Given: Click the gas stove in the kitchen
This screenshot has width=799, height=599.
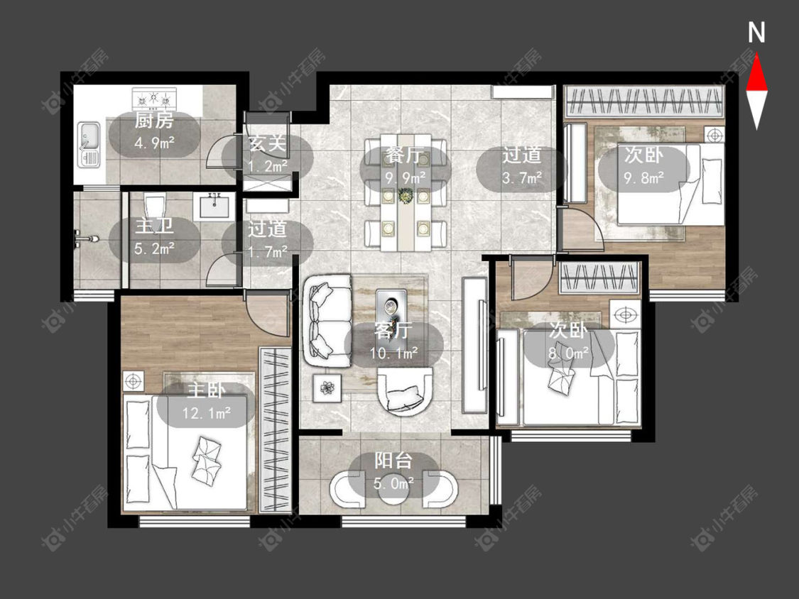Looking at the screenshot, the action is click(x=154, y=99).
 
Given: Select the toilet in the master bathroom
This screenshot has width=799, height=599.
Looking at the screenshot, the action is click(x=153, y=208).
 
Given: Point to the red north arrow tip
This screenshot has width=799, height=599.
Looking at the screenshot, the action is click(x=756, y=55).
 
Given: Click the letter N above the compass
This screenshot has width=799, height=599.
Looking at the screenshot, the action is click(x=756, y=33).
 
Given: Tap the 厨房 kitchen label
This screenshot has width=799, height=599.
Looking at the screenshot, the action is click(x=154, y=121).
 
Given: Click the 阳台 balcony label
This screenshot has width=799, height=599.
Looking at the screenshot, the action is click(x=393, y=461).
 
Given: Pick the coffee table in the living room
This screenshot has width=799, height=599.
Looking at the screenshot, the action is click(x=391, y=308).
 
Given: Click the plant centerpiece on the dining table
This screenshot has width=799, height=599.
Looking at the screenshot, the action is click(x=406, y=196).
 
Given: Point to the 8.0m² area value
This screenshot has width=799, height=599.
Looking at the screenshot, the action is click(x=568, y=351).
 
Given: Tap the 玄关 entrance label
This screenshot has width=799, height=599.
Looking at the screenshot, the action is click(x=267, y=143).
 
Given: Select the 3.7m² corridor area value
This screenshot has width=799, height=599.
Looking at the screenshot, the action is click(x=521, y=177).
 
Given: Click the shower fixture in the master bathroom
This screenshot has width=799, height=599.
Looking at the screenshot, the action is click(x=85, y=238).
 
